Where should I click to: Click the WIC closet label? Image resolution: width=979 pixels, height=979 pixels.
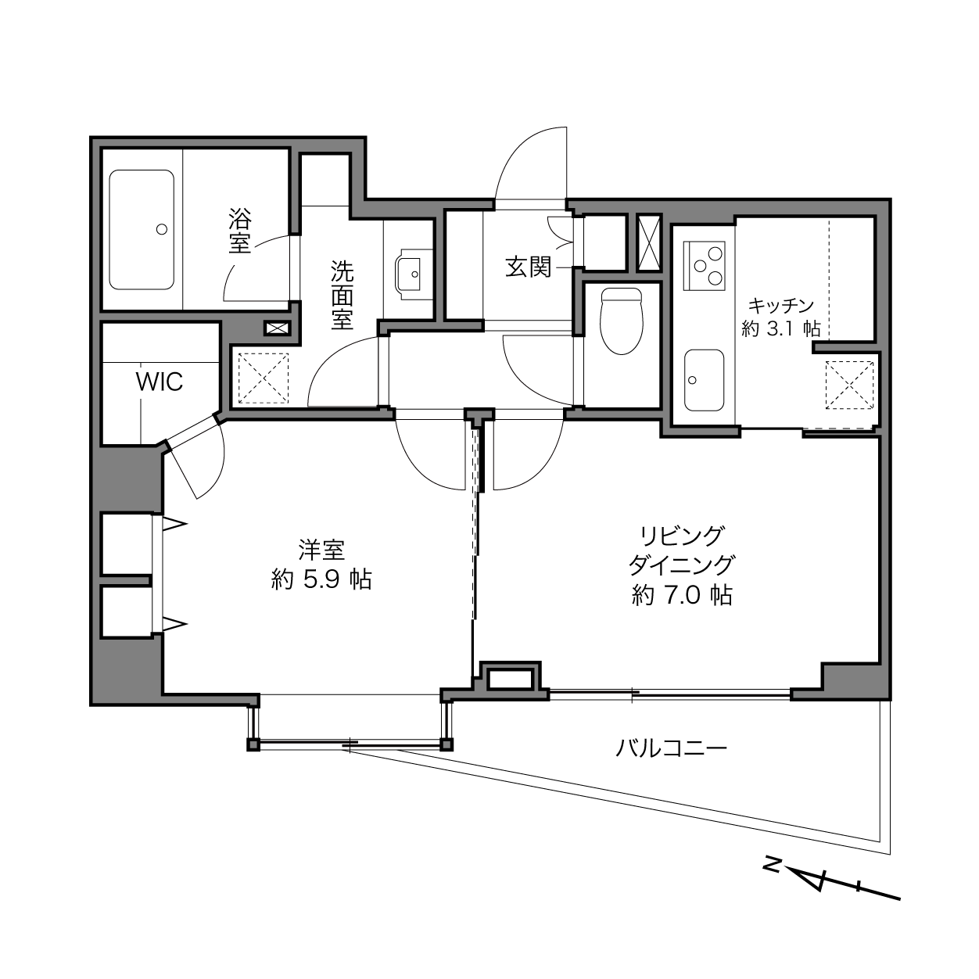pos(159,382)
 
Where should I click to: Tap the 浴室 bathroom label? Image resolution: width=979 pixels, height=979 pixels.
pos(240,231)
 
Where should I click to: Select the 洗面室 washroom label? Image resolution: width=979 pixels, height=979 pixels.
pos(342,295)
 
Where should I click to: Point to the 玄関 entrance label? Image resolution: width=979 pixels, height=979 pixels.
pos(529,267)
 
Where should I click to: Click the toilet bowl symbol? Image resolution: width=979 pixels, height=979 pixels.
pos(622,321)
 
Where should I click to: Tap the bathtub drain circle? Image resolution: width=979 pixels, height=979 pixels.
pos(162,229)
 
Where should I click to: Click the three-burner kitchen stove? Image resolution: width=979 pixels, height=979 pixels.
pos(705,266)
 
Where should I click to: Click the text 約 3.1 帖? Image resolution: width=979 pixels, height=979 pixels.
pos(781,329)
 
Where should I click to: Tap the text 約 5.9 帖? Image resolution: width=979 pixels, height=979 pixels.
pos(321,579)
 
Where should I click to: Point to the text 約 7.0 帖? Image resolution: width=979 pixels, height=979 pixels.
pos(683,595)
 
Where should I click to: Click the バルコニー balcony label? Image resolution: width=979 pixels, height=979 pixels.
pos(671,748)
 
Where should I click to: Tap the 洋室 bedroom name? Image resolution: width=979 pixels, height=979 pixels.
pos(321,550)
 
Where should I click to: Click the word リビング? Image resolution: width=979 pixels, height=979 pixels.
pos(682,536)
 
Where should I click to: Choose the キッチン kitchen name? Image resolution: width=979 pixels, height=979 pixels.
pos(781,306)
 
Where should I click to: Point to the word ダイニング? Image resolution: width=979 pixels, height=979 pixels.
pos(682,565)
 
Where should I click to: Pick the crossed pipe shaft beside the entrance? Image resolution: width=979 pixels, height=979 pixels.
pos(649,242)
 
